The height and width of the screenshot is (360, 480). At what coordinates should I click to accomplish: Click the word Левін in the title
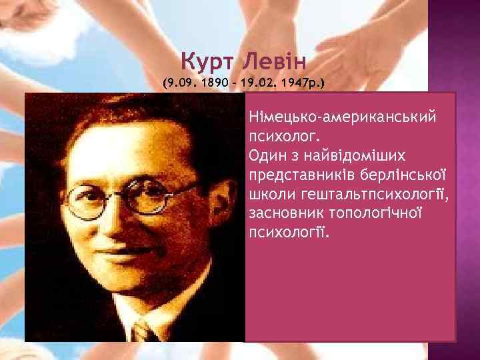coord(273,63)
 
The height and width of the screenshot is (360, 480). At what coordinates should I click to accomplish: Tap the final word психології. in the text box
coord(289,233)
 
